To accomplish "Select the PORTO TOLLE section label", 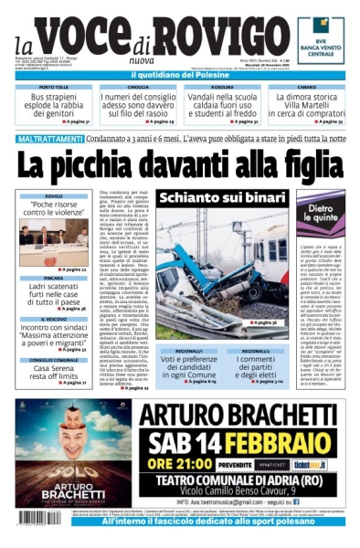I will click(53, 87).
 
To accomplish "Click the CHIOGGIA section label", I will click(137, 87).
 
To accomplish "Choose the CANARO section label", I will click(307, 87).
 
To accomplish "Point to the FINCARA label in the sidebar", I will click(53, 278).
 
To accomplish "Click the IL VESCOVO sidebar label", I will click(53, 319).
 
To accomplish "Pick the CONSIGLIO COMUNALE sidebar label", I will click(53, 360).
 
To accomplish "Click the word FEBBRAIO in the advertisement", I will click(274, 445).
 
